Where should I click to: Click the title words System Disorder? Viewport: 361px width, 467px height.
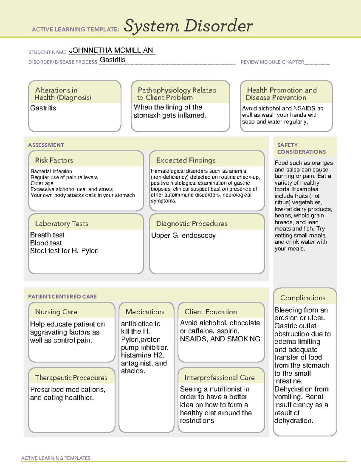tap(188, 26)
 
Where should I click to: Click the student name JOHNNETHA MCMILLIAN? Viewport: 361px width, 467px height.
tap(111, 50)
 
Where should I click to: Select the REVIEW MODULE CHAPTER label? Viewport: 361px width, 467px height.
tap(272, 62)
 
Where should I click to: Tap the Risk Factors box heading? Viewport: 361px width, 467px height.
tap(54, 160)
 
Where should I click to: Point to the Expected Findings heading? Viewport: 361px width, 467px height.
tap(186, 160)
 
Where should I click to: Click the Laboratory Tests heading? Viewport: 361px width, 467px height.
tap(61, 223)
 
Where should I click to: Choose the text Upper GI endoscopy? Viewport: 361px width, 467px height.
tap(183, 235)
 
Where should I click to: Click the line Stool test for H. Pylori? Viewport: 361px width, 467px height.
tap(64, 251)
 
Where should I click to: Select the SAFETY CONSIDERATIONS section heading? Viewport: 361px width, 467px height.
tap(301, 149)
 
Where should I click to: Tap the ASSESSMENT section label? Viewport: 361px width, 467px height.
tap(46, 145)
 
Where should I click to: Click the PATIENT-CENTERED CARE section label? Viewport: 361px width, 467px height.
tap(62, 296)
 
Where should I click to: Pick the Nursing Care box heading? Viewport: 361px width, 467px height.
tap(56, 312)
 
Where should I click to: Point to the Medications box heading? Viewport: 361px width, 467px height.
tap(145, 312)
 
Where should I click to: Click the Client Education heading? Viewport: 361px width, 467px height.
tap(211, 312)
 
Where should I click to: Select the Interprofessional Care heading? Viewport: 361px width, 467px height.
tap(219, 377)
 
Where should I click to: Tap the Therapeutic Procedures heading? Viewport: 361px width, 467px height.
tap(71, 377)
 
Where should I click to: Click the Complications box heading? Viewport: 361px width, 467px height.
tap(302, 298)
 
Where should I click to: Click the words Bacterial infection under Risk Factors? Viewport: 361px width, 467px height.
tap(51, 171)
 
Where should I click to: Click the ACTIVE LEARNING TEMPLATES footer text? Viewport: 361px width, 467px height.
tap(56, 458)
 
